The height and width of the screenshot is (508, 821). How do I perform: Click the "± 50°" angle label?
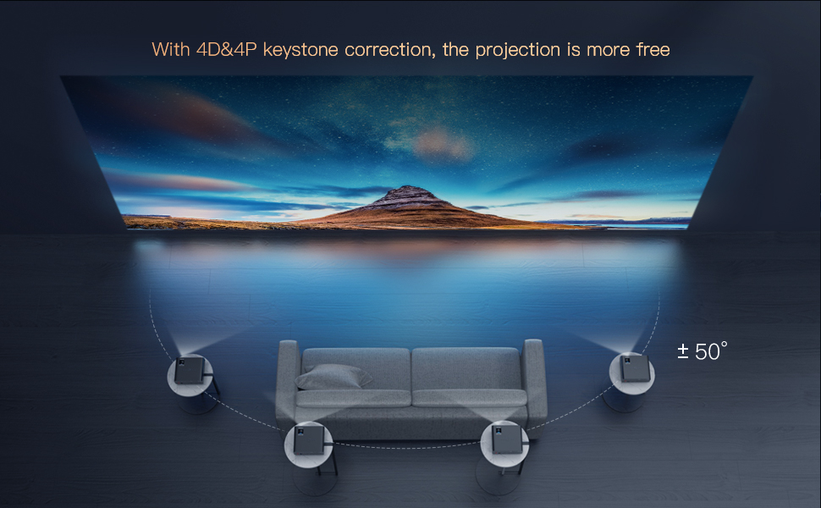[x=702, y=352]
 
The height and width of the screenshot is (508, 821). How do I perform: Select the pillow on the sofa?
[x=333, y=377]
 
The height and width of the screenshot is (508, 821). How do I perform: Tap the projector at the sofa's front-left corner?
[x=306, y=441]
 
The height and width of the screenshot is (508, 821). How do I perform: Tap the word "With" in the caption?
[x=170, y=50]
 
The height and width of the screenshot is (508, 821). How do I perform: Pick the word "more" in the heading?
[x=605, y=50]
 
